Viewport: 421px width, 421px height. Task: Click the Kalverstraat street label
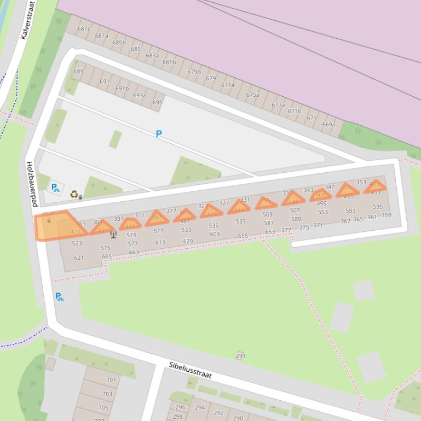pyautogui.click(x=27, y=20)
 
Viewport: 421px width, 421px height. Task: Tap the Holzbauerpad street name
pyautogui.click(x=32, y=184)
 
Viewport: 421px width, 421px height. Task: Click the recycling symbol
pyautogui.click(x=74, y=194)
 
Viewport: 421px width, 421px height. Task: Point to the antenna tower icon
pyautogui.click(x=113, y=235)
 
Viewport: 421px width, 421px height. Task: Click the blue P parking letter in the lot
pyautogui.click(x=159, y=134)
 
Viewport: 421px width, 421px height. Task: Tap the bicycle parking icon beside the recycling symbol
pyautogui.click(x=55, y=188)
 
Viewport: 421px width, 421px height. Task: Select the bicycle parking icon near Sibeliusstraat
pyautogui.click(x=59, y=297)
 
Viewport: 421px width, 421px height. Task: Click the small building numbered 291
pyautogui.click(x=240, y=355)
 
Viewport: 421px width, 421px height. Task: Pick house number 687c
pyautogui.click(x=83, y=29)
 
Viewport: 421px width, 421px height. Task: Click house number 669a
pyautogui.click(x=328, y=125)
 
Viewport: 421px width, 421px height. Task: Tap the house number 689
pyautogui.click(x=78, y=71)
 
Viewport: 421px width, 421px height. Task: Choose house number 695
pyautogui.click(x=157, y=102)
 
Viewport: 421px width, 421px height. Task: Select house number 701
pyautogui.click(x=111, y=379)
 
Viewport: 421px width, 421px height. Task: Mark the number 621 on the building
pyautogui.click(x=79, y=258)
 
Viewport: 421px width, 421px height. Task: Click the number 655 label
pyautogui.click(x=243, y=236)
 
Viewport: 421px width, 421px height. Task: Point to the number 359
pyautogui.click(x=387, y=215)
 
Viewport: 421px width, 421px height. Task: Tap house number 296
pyautogui.click(x=180, y=407)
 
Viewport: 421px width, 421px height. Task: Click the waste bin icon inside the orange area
pyautogui.click(x=49, y=220)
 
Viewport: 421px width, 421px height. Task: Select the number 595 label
pyautogui.click(x=378, y=207)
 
